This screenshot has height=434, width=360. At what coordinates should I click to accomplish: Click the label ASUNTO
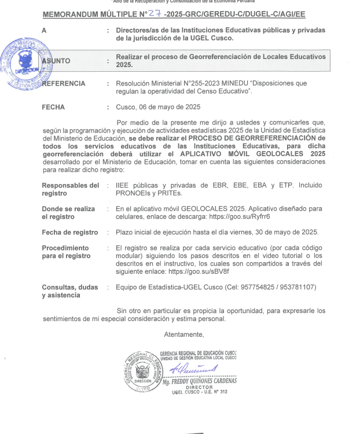tap(57, 61)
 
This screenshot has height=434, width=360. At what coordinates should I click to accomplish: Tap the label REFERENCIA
tap(64, 84)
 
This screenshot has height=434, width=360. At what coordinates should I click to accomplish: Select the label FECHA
tap(53, 107)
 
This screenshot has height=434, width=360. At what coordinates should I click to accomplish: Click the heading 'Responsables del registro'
tap(70, 189)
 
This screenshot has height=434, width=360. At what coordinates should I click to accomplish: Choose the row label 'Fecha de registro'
tap(70, 232)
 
